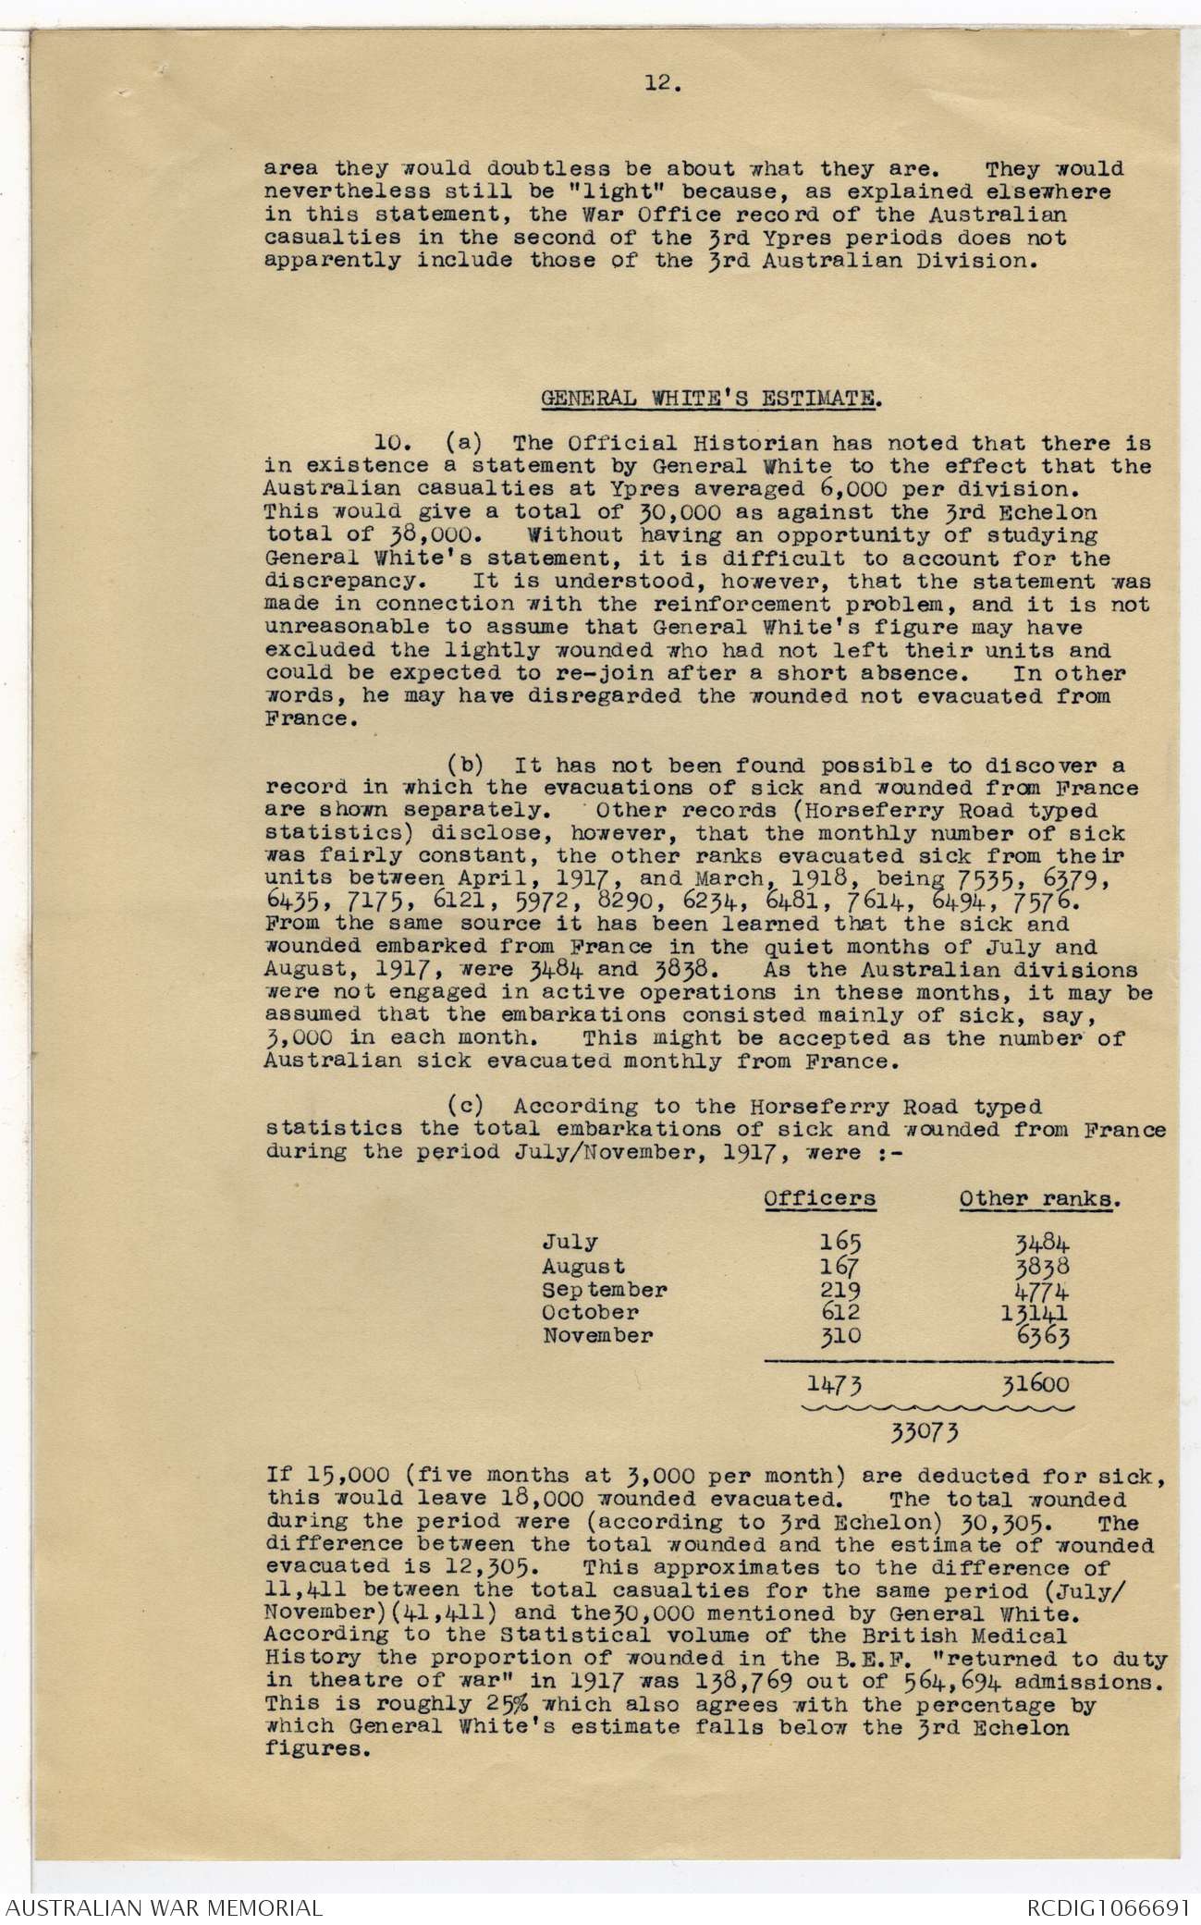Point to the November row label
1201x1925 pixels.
click(597, 1335)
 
